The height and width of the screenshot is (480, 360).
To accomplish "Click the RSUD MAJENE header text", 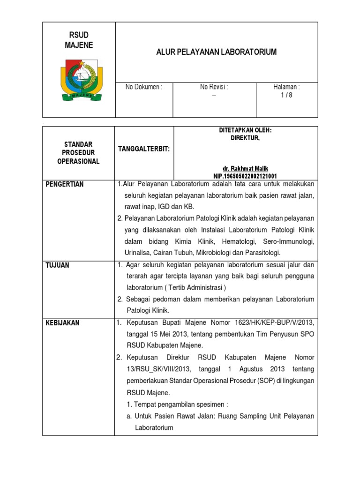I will (x=78, y=40).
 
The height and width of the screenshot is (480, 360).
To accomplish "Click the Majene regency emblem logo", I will (x=79, y=77).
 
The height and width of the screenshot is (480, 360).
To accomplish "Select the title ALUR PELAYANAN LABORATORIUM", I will (x=216, y=52).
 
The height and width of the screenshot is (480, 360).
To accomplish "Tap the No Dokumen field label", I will (x=143, y=87).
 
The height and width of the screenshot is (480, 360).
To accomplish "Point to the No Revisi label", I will (x=214, y=87).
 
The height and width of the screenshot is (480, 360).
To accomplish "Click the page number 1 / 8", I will (x=286, y=95).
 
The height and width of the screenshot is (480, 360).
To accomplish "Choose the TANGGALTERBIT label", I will (x=143, y=149).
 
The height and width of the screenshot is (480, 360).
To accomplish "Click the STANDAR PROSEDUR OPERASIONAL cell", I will (x=78, y=152).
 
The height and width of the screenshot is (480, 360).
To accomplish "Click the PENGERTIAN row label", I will (x=65, y=184).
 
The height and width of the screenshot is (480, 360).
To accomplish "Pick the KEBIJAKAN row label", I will (x=62, y=323).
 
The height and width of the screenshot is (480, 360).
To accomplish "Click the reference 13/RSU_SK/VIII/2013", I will (x=155, y=369).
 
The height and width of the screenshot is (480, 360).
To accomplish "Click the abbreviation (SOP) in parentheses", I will (x=256, y=381).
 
